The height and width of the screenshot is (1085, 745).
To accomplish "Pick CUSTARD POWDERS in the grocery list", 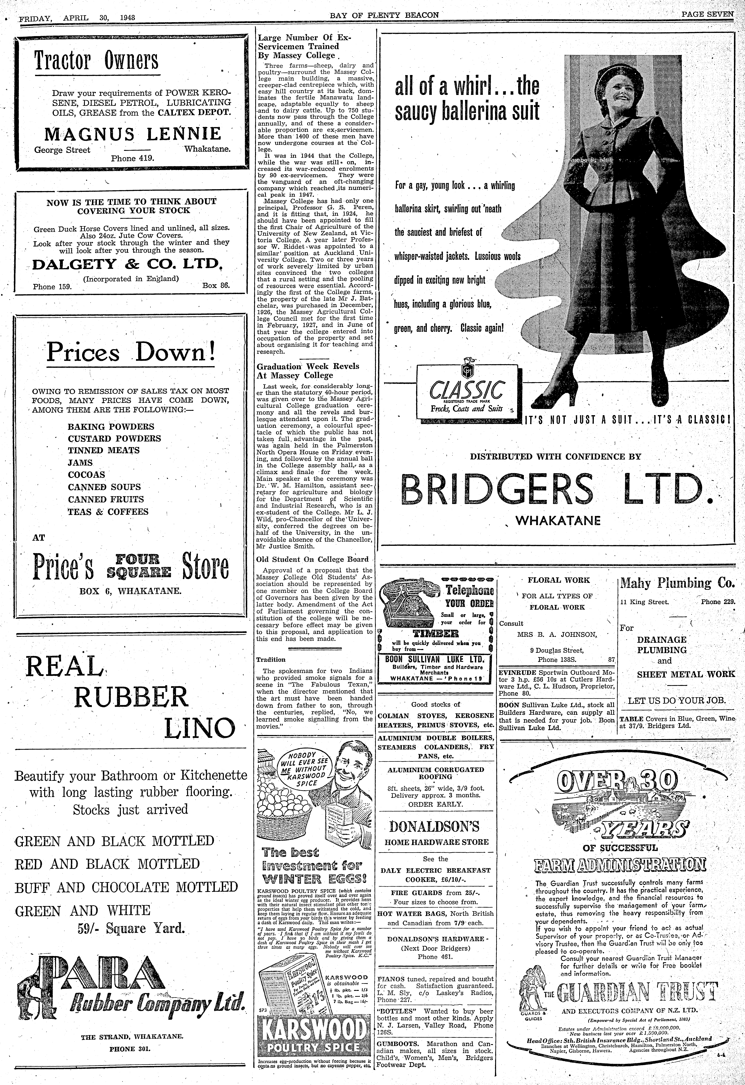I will point(114,439).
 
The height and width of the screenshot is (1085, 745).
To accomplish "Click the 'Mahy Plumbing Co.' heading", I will point(677,583).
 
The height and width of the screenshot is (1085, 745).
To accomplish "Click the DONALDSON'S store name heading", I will point(435,827).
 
